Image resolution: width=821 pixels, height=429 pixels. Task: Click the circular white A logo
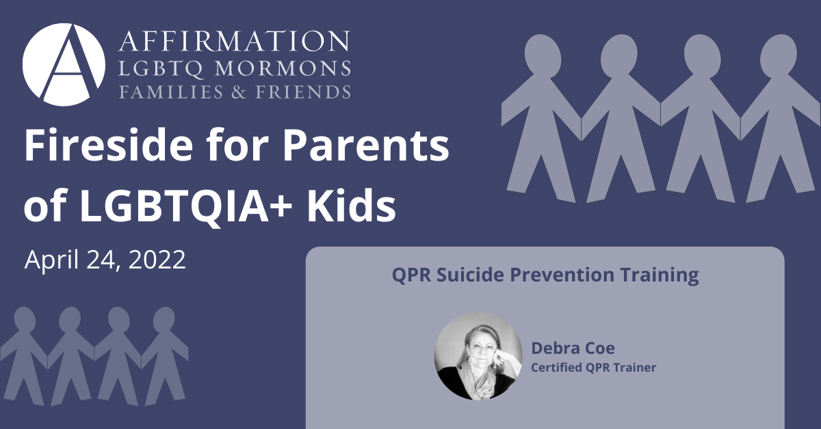64,65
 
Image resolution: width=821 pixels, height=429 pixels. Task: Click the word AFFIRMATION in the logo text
234,41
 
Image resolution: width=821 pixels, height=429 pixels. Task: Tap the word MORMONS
282,68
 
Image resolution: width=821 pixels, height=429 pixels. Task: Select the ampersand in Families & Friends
239,92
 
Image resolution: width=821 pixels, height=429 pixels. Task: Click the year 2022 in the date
157,260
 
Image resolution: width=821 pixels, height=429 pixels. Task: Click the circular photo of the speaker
478,355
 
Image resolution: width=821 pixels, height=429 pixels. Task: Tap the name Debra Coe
573,348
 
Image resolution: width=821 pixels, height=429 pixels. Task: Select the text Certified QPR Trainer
593,368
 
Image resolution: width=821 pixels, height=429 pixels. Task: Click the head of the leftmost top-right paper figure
543,53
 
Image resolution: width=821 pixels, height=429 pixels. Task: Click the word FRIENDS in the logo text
302,92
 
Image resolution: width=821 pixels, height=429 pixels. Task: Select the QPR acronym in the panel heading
411,275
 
